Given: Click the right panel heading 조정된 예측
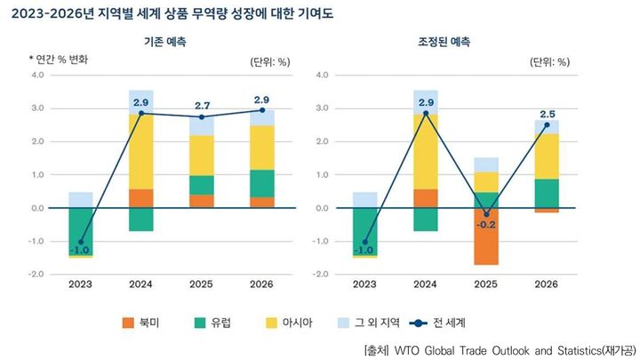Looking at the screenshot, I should [444, 42].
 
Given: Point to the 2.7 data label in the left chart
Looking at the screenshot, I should [202, 106].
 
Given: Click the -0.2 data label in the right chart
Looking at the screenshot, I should [487, 225].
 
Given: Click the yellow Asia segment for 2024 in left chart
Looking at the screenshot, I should [140, 151].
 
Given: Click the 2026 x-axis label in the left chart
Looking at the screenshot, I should [260, 285].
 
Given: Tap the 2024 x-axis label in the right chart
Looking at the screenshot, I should [425, 285].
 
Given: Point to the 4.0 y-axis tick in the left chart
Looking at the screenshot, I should [37, 75].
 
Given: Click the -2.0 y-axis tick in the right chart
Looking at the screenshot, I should [321, 274].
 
